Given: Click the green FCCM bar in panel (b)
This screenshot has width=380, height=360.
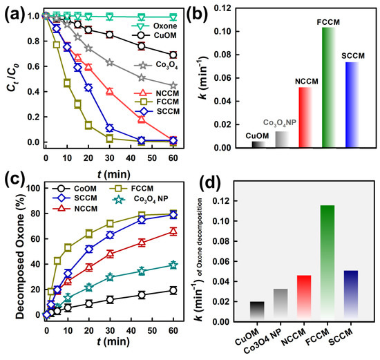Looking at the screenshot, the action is pos(329,87).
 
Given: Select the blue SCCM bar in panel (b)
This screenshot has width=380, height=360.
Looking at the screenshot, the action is pos(352,105).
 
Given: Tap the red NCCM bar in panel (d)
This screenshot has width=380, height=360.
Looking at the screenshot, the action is pos(304,296).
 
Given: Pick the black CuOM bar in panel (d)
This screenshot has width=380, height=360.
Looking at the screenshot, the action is pos(257,310).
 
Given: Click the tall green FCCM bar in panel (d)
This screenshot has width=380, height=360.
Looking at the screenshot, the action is pos(327,261).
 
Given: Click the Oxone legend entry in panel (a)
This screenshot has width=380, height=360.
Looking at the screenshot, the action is pos(154,26).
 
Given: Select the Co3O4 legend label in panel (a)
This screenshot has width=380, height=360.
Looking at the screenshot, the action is pos(167,65).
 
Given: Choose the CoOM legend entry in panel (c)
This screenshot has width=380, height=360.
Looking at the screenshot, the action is pos(75,189).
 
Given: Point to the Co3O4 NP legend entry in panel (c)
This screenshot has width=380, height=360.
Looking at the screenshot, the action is pos(141,199).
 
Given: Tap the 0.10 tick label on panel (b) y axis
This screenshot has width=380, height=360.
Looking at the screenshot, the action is pos(222,32).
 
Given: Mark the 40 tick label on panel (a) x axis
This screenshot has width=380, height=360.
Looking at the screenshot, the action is pos(131,158).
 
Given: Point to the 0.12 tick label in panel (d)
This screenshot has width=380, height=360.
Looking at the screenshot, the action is pos(221,201).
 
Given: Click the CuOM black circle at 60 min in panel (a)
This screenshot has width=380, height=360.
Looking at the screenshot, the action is pos(173,55).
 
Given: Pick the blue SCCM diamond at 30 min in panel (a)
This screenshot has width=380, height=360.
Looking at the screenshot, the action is pos(110,128).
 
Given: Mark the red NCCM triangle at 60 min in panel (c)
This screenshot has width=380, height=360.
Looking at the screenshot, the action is pos(173,231).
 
